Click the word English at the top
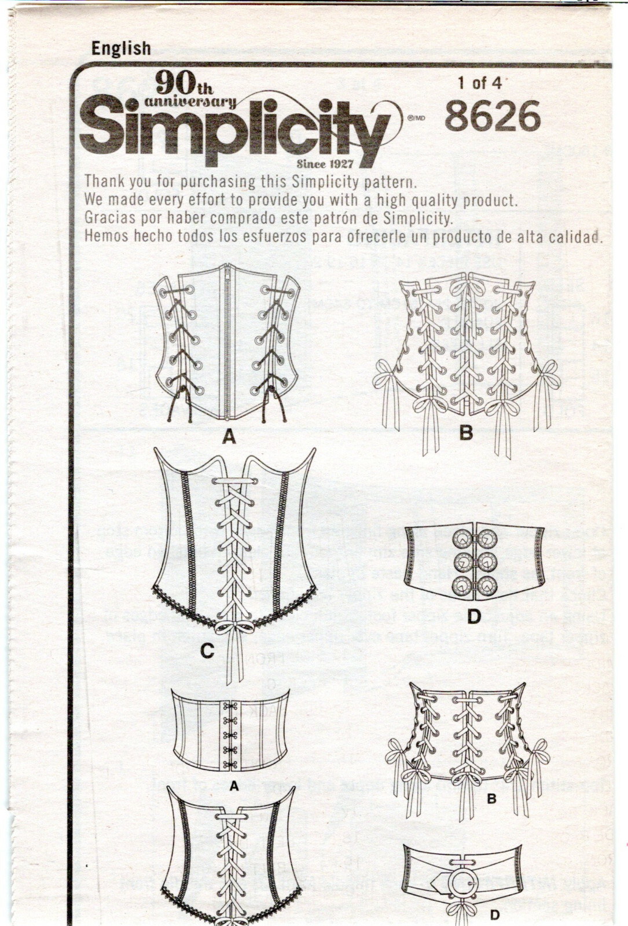pos(121,49)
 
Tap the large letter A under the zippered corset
pos(229,438)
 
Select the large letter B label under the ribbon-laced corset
pos(466,432)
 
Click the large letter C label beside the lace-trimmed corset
pos(207,652)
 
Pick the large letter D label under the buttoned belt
pos(475,617)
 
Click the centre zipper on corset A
pos(229,341)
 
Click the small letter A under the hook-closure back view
pos(234,787)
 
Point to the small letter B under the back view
pos(492,800)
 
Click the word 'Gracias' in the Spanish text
pos(105,219)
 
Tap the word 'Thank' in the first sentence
pos(104,181)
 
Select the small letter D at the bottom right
pos(494,915)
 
